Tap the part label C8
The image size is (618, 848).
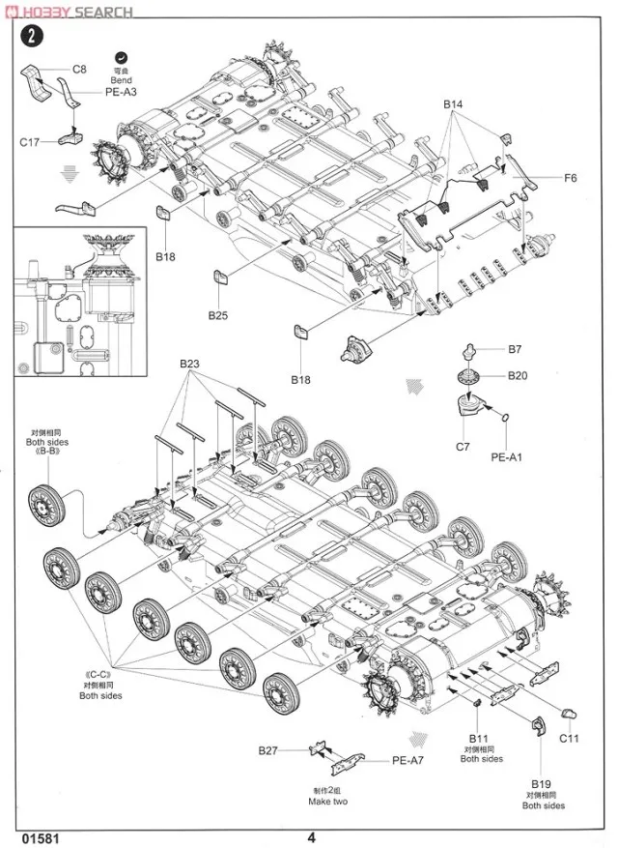pos(79,70)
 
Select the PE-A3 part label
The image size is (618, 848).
pos(121,91)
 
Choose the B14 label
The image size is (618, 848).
pos(454,103)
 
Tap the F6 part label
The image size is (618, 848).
pos(571,178)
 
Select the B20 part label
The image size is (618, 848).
pos(518,375)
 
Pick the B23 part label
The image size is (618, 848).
pos(188,364)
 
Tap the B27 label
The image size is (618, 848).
pos(268,750)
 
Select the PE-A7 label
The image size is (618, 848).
pos(408,760)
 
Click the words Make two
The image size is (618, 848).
pos(328,802)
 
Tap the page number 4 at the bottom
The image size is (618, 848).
pos(312,837)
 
